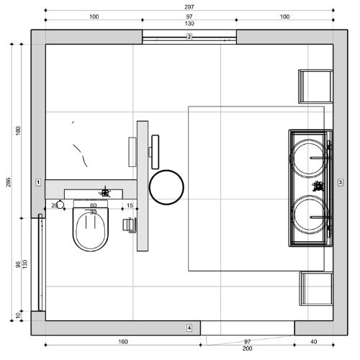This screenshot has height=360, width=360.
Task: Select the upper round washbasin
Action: click(309, 158)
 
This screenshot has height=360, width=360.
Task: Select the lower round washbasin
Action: click(309, 215)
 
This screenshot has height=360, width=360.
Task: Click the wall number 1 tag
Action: click(38, 183)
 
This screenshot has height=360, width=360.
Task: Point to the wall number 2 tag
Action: click(189, 37)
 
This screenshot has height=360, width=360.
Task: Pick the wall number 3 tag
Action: click(340, 182)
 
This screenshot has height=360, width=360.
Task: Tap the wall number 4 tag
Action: click(189, 328)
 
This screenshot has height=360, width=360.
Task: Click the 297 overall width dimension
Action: click(189, 7)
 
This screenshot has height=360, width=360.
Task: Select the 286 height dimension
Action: click(9, 182)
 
